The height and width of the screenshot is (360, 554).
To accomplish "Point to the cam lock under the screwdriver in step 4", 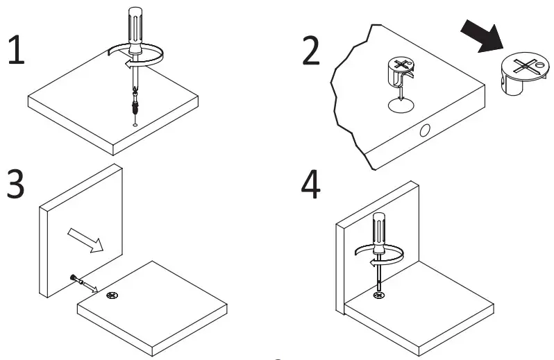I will tap(379, 296).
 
